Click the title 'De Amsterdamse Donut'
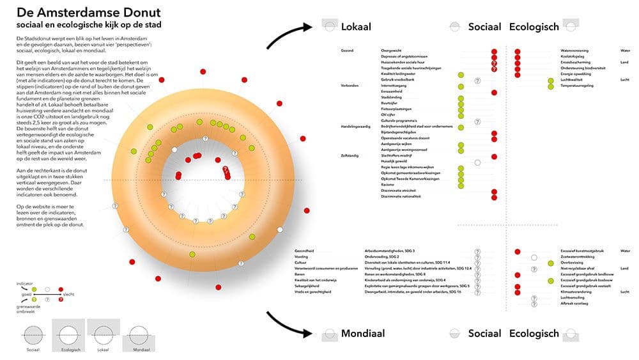89,12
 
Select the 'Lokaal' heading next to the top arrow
356,27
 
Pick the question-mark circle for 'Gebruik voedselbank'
477,81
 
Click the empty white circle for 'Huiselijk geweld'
477,162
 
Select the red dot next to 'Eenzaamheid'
494,92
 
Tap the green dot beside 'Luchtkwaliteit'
551,81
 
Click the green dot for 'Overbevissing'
551,263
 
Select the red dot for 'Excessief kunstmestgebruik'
518,251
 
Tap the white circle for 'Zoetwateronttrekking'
534,257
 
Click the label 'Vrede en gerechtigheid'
312,292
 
